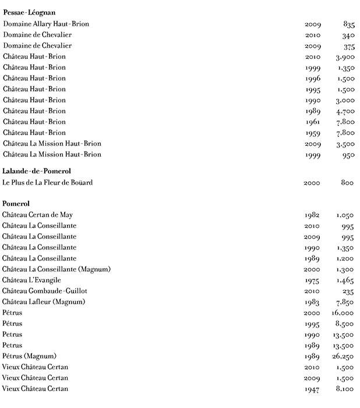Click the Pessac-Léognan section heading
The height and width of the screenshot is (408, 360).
(29, 12)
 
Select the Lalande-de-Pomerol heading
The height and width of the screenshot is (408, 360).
(37, 171)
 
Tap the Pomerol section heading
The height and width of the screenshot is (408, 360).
(16, 203)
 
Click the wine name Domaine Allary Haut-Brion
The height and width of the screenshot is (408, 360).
(46, 24)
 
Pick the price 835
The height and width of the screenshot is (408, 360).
(349, 24)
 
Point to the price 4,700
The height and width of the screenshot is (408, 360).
(345, 111)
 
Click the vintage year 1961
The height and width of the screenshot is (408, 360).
(313, 122)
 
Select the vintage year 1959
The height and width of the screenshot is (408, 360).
(313, 133)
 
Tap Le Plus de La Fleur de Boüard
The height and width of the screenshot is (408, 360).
(47, 182)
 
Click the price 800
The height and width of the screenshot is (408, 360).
(347, 183)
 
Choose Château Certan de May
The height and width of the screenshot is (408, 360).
(37, 214)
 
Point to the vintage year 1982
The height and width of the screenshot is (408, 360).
(313, 215)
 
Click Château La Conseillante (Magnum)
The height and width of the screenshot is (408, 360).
(57, 269)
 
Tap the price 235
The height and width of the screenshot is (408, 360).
(348, 291)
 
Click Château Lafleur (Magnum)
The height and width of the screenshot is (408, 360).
(44, 301)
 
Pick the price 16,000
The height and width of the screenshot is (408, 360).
(343, 313)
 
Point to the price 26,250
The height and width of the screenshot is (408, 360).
(343, 356)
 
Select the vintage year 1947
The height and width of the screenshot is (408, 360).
(313, 389)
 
